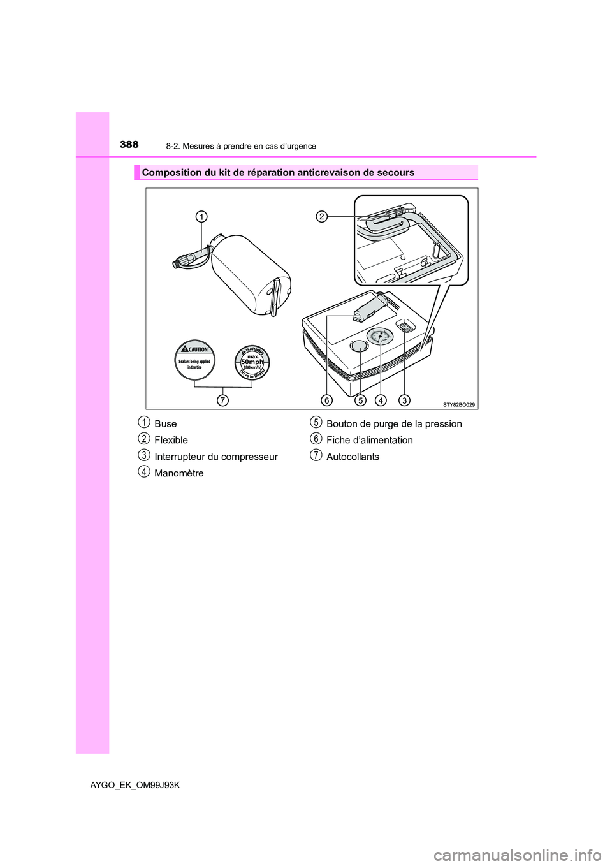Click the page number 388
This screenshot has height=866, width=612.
(x=129, y=145)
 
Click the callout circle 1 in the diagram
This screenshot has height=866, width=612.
(x=201, y=217)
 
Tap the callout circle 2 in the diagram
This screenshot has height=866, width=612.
(x=322, y=217)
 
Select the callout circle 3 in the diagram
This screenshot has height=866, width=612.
(x=404, y=400)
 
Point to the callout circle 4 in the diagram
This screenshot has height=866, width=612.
(x=381, y=400)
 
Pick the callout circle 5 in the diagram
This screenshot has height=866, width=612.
(x=360, y=400)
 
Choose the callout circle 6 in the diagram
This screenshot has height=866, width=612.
(x=326, y=400)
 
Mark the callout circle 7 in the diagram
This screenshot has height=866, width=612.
(x=222, y=400)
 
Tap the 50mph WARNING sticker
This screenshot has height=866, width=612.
(x=252, y=362)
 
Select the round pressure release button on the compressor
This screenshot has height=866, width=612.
(x=359, y=346)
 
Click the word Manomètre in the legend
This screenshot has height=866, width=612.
(x=179, y=473)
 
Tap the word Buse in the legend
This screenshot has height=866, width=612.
(x=166, y=423)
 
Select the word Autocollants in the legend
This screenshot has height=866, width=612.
(x=353, y=457)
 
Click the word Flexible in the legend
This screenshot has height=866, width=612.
(x=171, y=440)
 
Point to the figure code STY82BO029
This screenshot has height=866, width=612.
(x=459, y=404)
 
